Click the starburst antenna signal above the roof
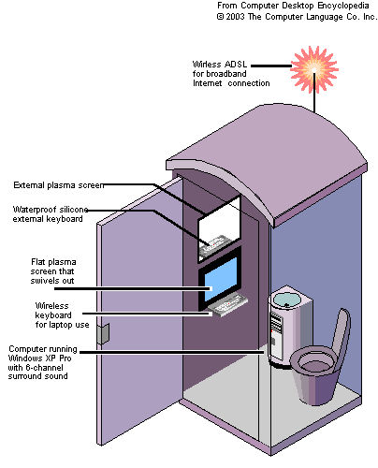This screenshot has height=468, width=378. [x=314, y=69]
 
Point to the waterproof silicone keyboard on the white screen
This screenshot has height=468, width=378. [x=216, y=245]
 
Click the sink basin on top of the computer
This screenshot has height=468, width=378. [x=287, y=300]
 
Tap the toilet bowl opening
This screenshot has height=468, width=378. [x=315, y=362]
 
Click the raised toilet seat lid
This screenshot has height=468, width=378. [x=341, y=334]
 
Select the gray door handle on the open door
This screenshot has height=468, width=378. [x=103, y=333]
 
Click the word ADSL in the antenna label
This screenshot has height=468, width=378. [x=236, y=65]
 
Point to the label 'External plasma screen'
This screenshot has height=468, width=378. [x=58, y=185]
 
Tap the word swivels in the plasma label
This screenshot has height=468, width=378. [x=40, y=281]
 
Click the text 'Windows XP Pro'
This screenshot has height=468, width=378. [x=39, y=358]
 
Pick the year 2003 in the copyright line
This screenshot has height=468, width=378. [x=235, y=17]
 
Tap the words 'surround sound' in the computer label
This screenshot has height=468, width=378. [x=37, y=376]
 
